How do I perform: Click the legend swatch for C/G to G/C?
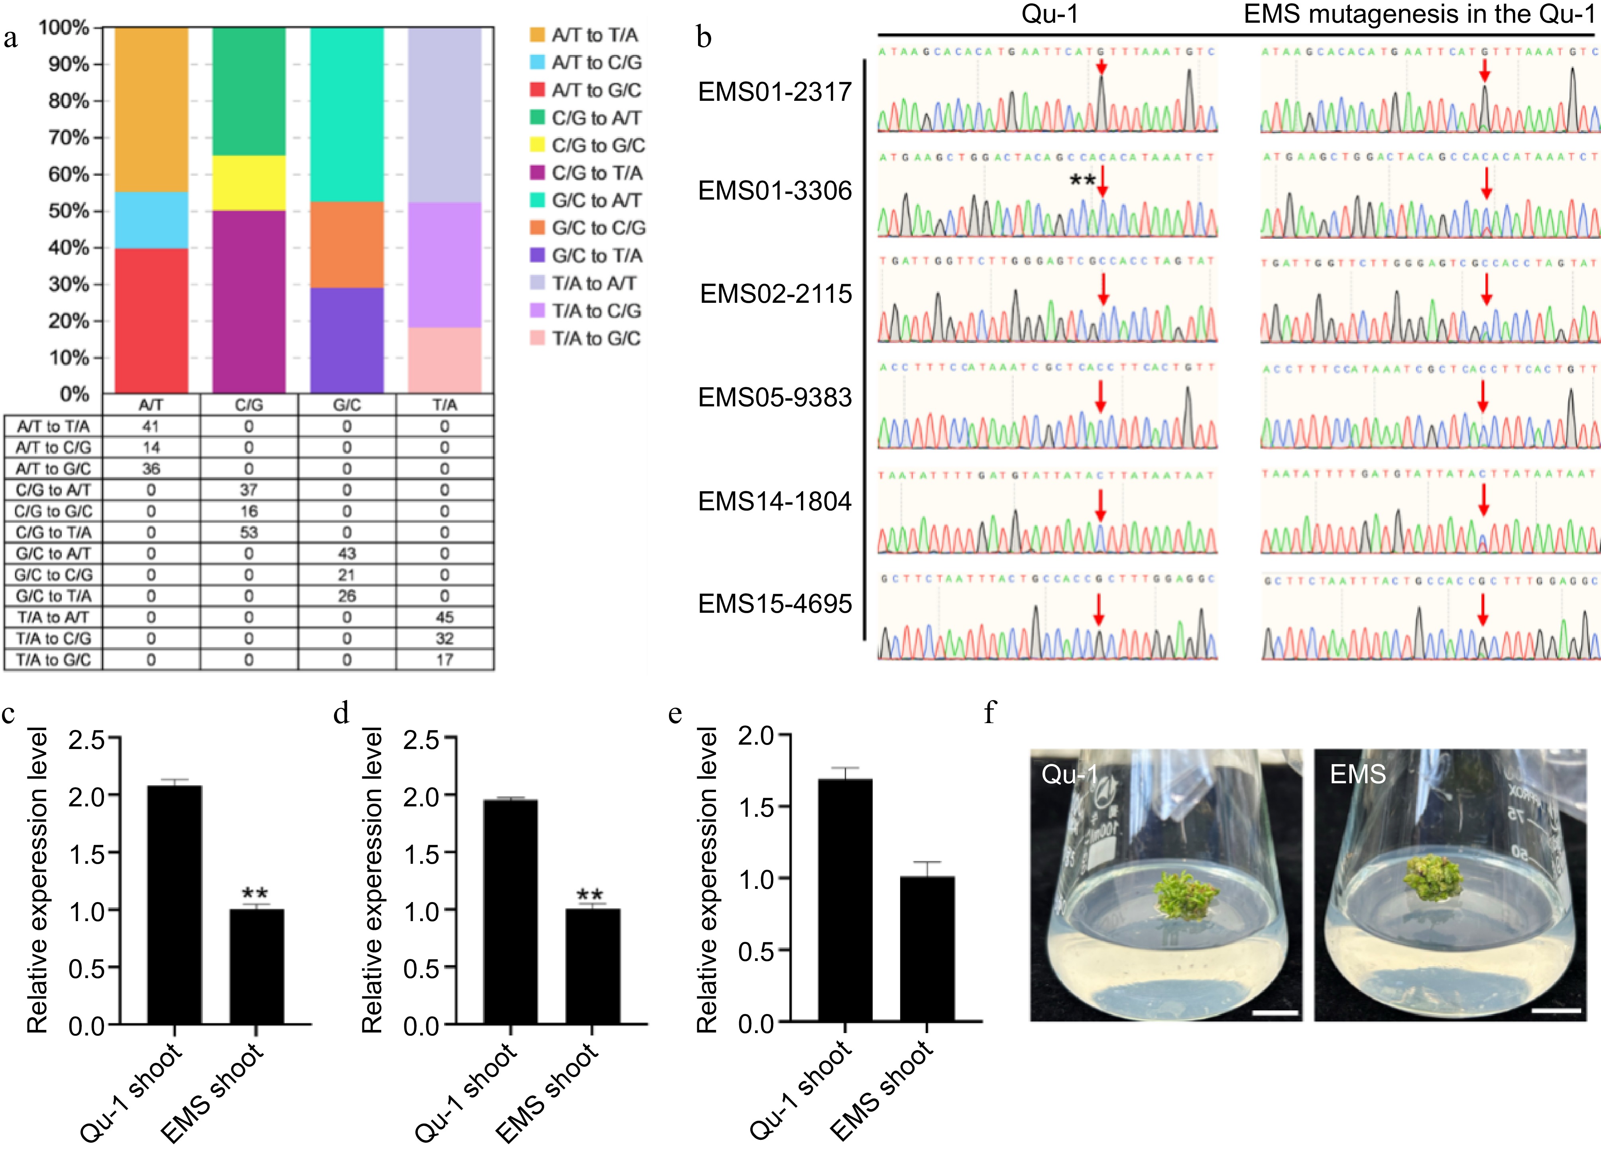tap(537, 145)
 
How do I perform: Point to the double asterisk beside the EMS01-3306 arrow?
tap(1082, 180)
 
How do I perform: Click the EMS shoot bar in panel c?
tap(256, 966)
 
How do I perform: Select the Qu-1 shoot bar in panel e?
tap(845, 900)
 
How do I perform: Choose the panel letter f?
tap(990, 714)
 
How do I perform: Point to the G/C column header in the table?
tap(346, 405)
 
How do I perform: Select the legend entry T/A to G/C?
tap(596, 339)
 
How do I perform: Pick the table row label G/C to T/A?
tap(54, 596)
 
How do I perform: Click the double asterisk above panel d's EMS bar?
tap(590, 895)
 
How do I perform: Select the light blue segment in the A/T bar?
tap(151, 220)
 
